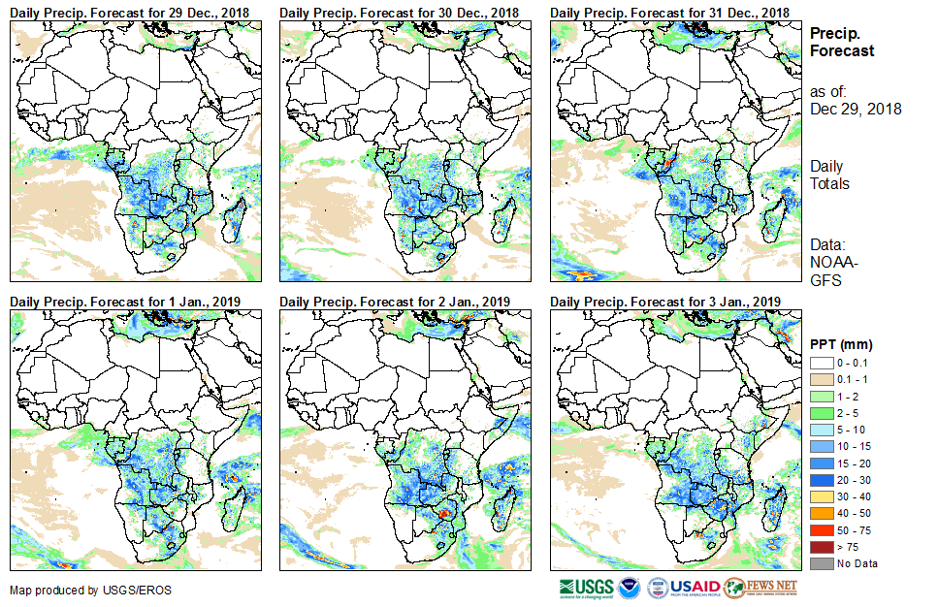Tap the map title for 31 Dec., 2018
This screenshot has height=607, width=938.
(x=669, y=12)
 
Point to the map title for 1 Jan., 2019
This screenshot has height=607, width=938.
(x=124, y=301)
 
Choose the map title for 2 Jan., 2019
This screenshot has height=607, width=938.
(x=394, y=301)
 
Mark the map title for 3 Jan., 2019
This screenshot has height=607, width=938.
(x=665, y=301)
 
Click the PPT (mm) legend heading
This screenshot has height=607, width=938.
(x=842, y=343)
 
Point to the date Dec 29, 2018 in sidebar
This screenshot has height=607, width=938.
(x=856, y=109)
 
